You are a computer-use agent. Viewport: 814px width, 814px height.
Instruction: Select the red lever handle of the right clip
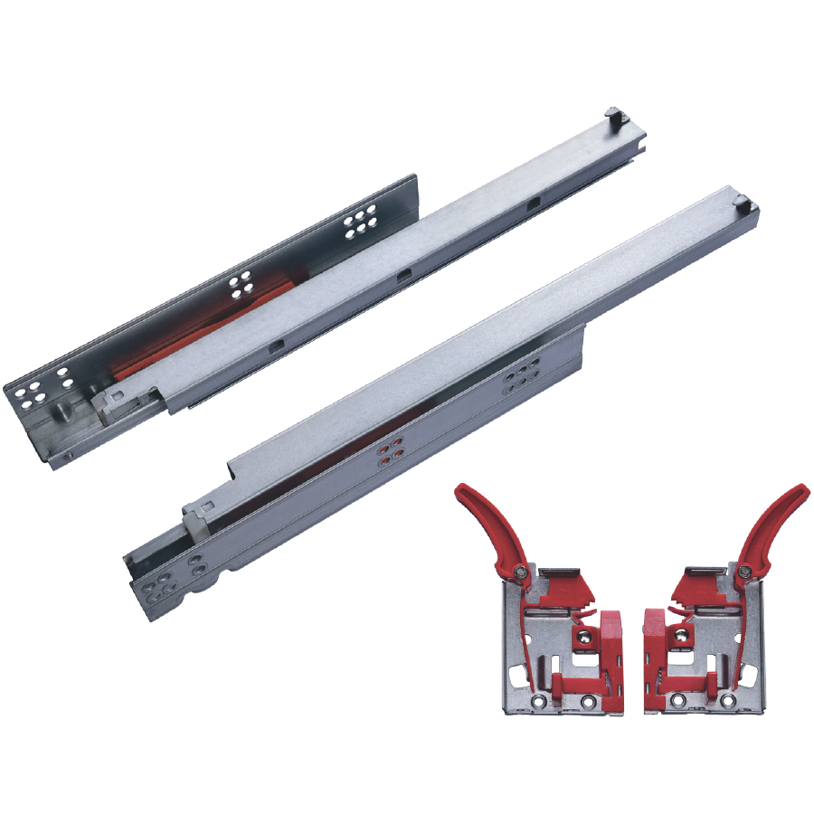774,525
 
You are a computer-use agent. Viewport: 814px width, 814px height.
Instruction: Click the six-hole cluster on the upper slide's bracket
359,220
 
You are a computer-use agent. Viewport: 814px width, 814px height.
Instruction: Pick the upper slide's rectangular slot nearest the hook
535,205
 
